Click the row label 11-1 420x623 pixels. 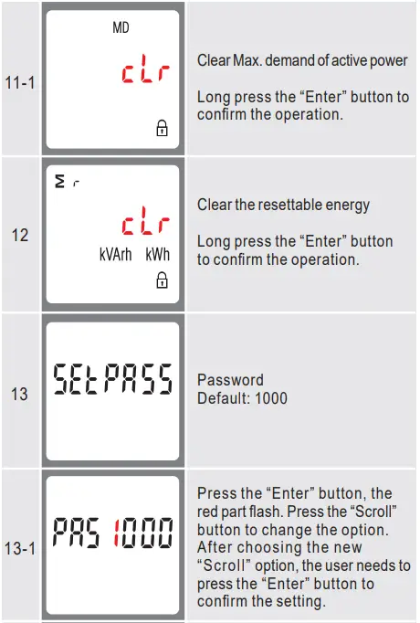pos(20,81)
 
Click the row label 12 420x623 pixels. pos(20,236)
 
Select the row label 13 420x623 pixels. pos(20,394)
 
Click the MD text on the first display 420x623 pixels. pos(121,28)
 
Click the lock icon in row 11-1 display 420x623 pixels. pos(162,130)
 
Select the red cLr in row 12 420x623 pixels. pos(142,225)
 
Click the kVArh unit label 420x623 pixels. pos(116,255)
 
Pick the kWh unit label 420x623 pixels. pos(158,255)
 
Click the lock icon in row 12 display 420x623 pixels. pos(162,280)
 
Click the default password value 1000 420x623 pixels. pos(271,398)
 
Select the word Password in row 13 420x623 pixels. pos(230,380)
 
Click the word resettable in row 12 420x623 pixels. pos(291,205)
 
